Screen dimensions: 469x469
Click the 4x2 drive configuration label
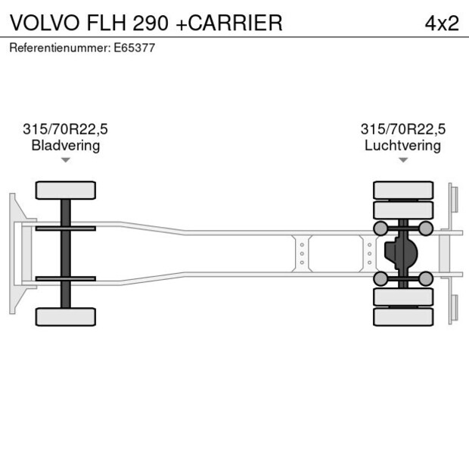[442, 23]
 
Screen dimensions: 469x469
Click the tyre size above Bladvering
[65, 129]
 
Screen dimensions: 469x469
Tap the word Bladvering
[65, 145]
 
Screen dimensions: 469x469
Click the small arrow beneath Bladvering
[66, 160]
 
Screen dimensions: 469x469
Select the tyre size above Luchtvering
[402, 129]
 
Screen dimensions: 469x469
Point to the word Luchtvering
[402, 145]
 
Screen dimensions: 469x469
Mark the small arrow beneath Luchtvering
[403, 160]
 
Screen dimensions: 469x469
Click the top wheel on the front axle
[66, 190]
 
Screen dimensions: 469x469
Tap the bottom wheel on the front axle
[66, 316]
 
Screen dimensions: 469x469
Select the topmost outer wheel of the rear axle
[403, 189]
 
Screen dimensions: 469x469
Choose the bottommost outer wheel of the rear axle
[403, 316]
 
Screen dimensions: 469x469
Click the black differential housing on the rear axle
[400, 253]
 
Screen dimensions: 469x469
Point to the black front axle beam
[66, 253]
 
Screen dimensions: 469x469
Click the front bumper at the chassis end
[14, 253]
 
